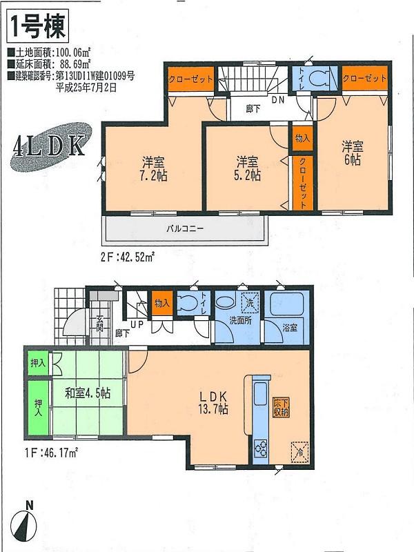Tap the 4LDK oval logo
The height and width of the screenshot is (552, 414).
[x=49, y=148]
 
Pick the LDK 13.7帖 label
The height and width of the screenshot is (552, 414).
[x=214, y=403]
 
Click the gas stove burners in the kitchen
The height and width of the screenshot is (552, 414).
[x=262, y=448]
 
